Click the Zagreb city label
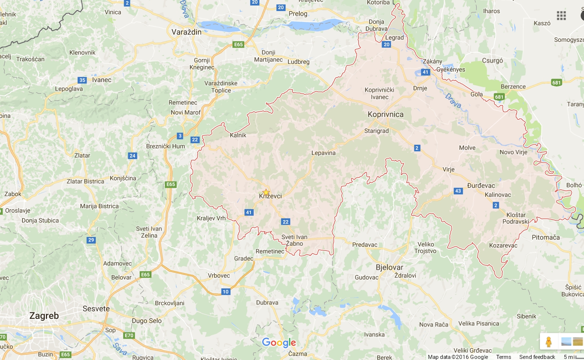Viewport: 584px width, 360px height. point(44,316)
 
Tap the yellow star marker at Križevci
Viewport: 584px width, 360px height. point(266,192)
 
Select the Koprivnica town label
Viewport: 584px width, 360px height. point(385,114)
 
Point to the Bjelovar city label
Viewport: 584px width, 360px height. point(389,267)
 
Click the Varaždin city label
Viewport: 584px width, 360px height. point(186,32)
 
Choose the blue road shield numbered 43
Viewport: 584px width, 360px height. point(458,191)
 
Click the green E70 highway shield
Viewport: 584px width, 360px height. point(129,335)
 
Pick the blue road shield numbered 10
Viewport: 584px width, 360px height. point(226,292)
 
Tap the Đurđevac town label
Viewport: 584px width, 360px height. point(481,186)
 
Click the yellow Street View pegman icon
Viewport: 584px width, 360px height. point(548,342)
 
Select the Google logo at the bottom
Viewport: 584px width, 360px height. point(279,343)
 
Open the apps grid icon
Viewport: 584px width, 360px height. point(561,15)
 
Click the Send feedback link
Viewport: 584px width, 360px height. point(537,357)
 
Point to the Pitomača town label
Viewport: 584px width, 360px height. point(545,237)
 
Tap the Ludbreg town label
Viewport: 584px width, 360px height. point(298,62)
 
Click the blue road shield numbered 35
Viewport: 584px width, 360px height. point(82,80)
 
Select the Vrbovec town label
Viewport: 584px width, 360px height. point(219,276)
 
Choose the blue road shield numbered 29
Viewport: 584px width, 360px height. point(91,240)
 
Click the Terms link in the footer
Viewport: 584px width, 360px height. point(503,357)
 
